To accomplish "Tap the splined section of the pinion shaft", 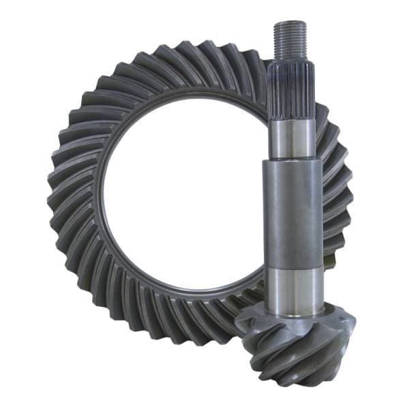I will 290,89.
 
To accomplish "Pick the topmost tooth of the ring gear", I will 204,53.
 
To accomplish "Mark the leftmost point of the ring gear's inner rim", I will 99,204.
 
